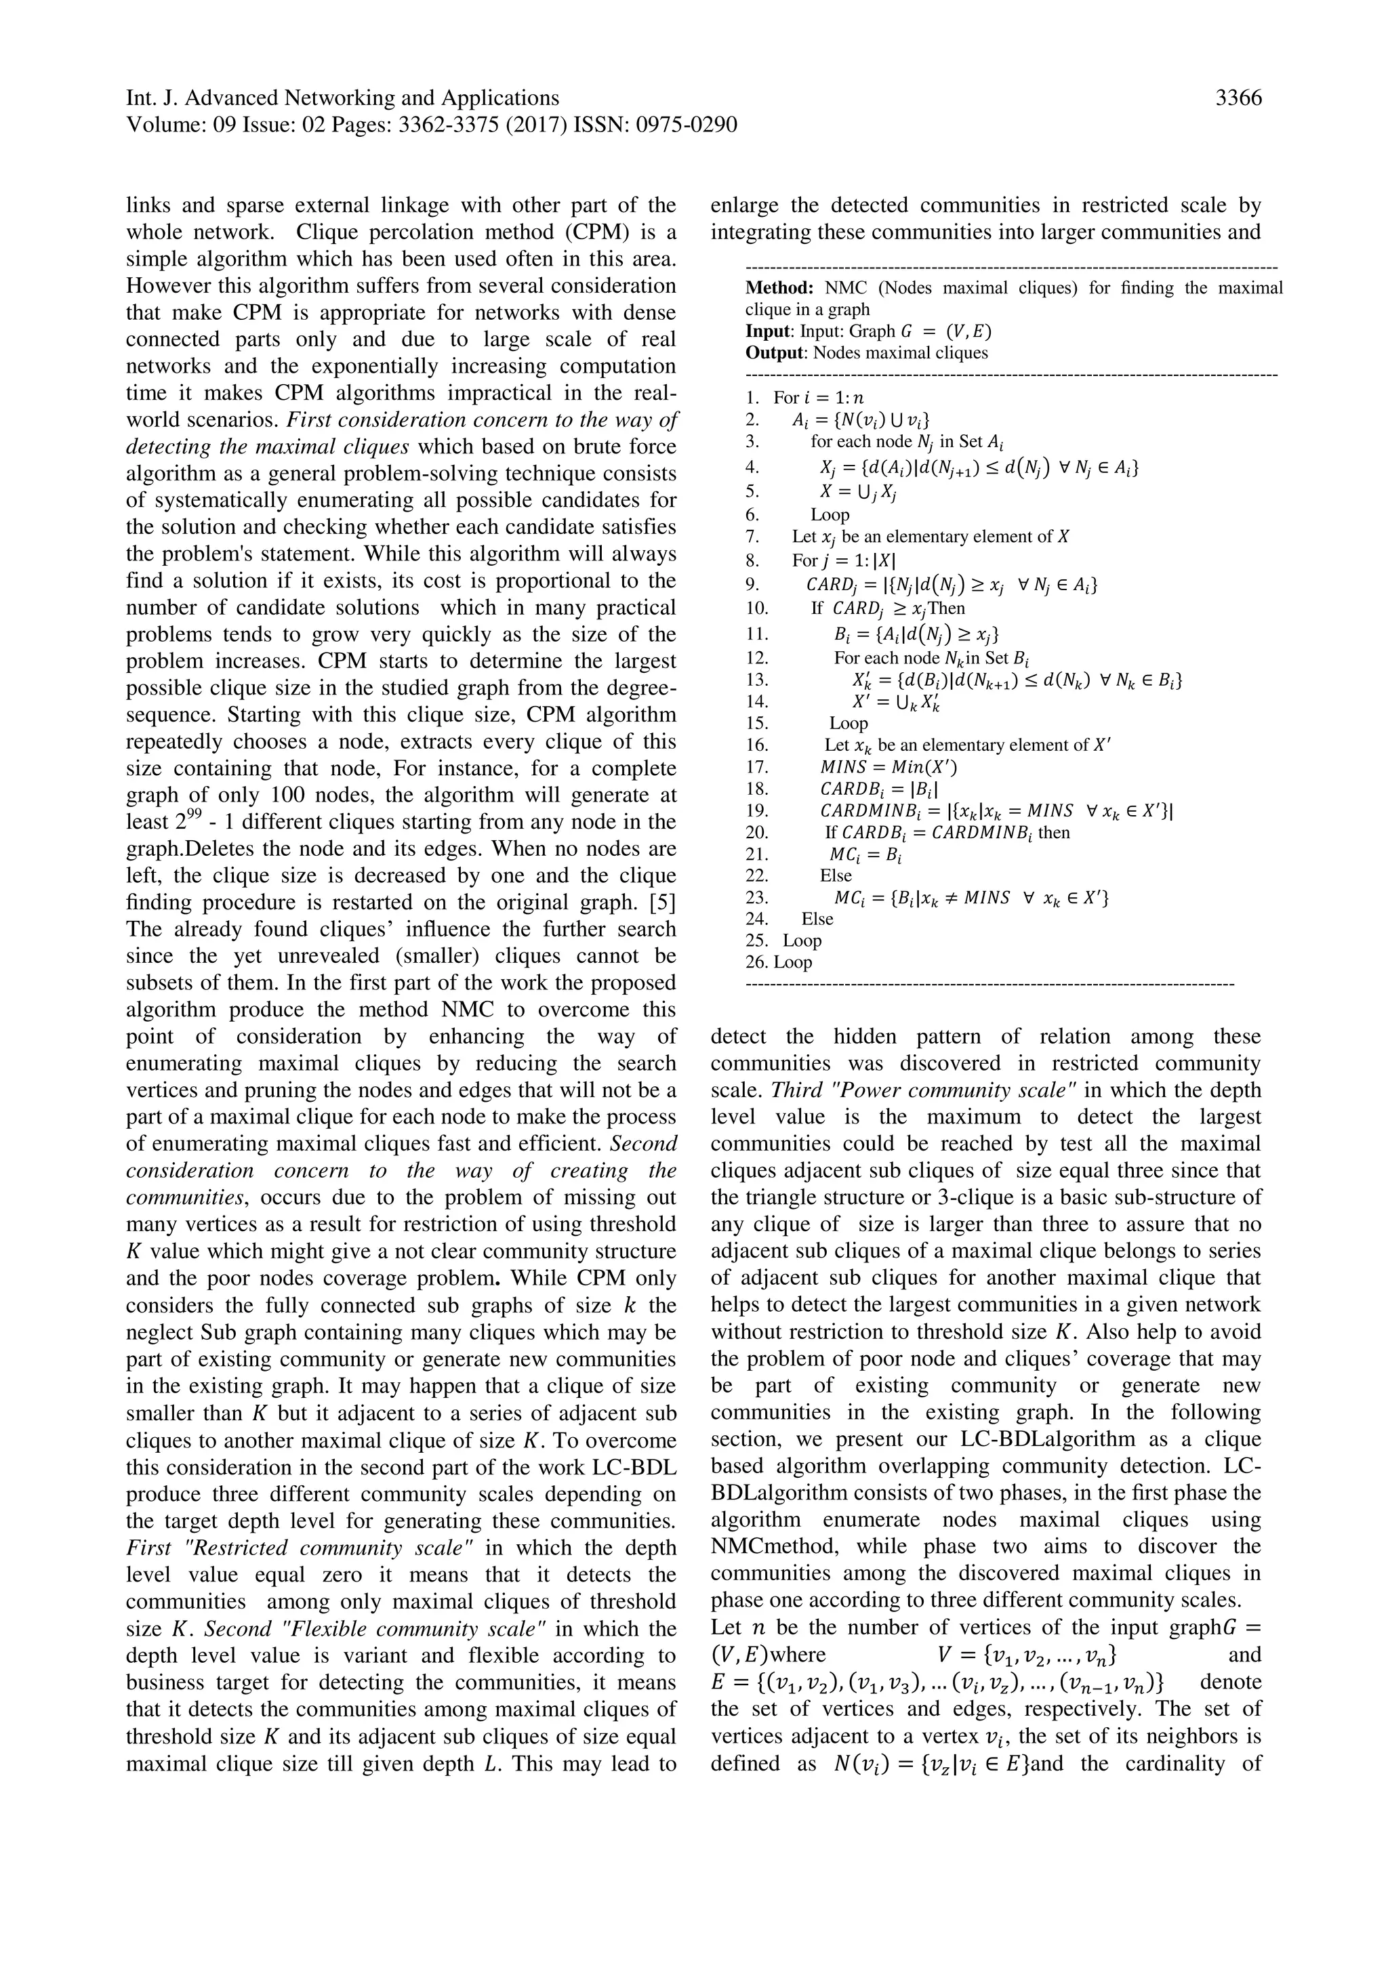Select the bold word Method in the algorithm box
[x=778, y=288]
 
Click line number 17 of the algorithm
[x=757, y=767]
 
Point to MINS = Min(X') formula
[x=882, y=767]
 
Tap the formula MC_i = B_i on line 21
[x=866, y=854]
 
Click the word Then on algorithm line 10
[x=946, y=608]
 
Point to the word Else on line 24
[x=817, y=919]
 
